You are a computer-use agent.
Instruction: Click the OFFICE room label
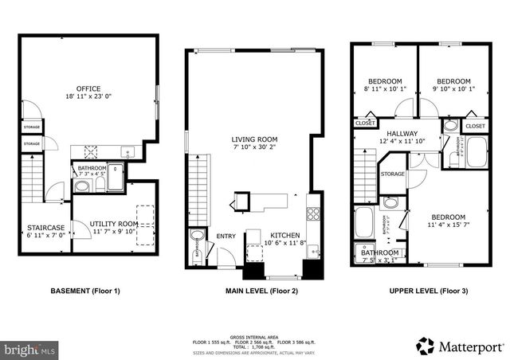click(88, 88)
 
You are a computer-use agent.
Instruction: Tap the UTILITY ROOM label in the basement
click(113, 224)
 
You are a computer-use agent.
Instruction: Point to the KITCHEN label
click(285, 236)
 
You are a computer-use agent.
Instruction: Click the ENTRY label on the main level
click(226, 236)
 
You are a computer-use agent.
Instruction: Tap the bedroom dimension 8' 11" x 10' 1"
click(385, 89)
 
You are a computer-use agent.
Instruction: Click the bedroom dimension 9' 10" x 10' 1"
click(452, 89)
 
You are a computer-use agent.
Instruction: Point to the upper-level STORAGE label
click(392, 174)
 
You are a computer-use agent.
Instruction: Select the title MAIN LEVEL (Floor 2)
click(255, 292)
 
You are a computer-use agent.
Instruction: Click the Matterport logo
click(460, 345)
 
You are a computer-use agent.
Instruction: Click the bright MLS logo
click(30, 349)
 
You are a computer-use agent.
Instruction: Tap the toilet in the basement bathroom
click(81, 186)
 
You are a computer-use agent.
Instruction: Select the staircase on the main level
click(198, 187)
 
